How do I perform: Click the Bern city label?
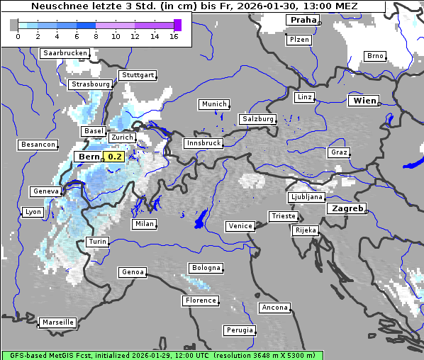point(89,157)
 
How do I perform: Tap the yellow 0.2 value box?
point(113,157)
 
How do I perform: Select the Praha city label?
point(303,20)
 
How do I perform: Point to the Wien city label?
point(364,101)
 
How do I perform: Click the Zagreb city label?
point(346,208)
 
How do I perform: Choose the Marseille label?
point(58,322)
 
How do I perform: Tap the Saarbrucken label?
point(65,53)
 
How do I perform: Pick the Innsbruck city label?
point(203,143)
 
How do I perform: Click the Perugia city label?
point(239,330)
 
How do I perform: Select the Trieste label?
point(282,216)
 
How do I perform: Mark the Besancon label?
point(38,145)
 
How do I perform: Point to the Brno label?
point(375,56)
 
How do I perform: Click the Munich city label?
point(214,104)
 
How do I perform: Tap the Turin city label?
point(97,242)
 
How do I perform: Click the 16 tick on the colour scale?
point(174,36)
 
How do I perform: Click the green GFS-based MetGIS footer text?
point(162,355)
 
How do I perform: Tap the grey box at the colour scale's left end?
point(13,25)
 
